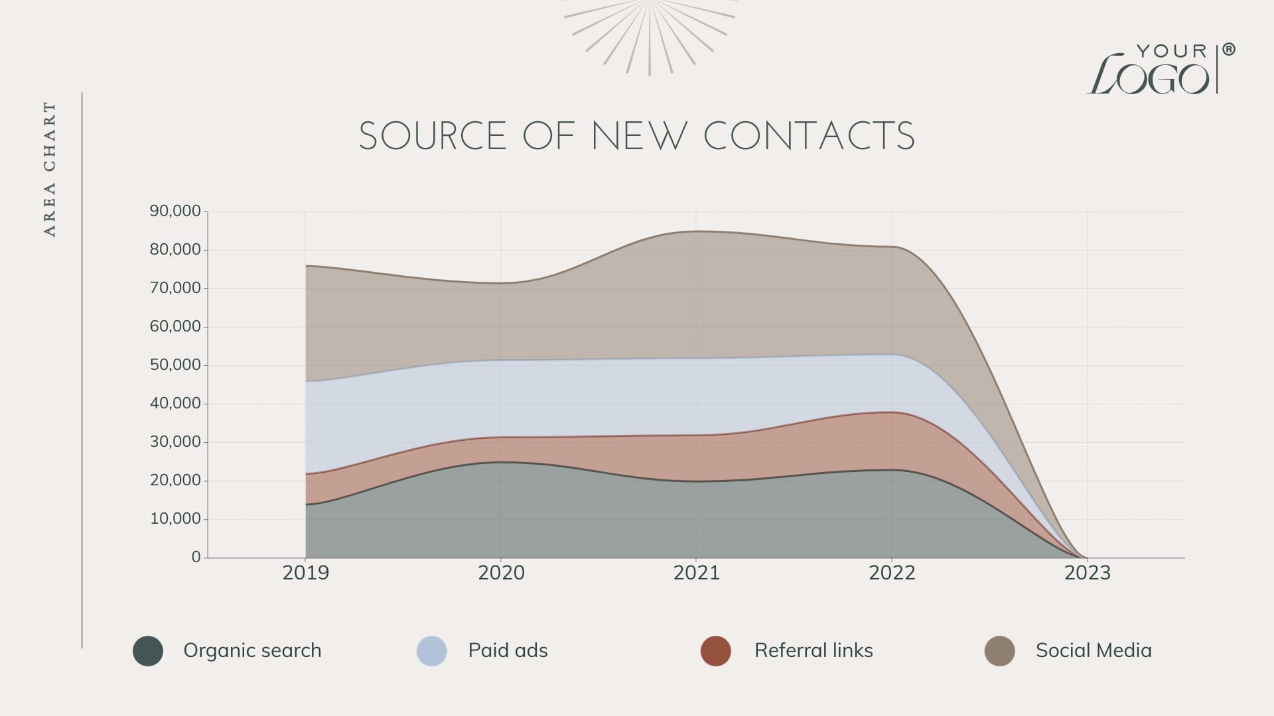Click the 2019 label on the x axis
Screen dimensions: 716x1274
point(305,573)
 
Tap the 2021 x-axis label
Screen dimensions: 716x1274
point(696,573)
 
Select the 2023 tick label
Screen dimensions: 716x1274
point(1087,573)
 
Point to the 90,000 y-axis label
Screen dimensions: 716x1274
point(175,211)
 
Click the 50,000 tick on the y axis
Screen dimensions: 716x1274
point(175,365)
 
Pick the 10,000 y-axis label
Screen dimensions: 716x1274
point(175,519)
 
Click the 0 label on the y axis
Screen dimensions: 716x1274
point(196,558)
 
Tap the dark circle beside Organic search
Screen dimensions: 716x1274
point(148,650)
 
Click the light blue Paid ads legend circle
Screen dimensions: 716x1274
point(432,650)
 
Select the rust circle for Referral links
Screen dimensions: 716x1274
point(716,650)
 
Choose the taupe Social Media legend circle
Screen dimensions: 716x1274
point(1000,650)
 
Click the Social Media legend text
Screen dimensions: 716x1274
point(1094,650)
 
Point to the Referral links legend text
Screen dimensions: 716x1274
point(814,650)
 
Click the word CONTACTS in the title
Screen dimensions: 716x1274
point(809,137)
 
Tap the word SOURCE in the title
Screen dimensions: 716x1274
point(433,137)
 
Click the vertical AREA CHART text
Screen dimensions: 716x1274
point(50,169)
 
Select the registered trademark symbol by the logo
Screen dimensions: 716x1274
point(1229,50)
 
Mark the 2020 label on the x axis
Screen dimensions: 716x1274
point(501,573)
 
